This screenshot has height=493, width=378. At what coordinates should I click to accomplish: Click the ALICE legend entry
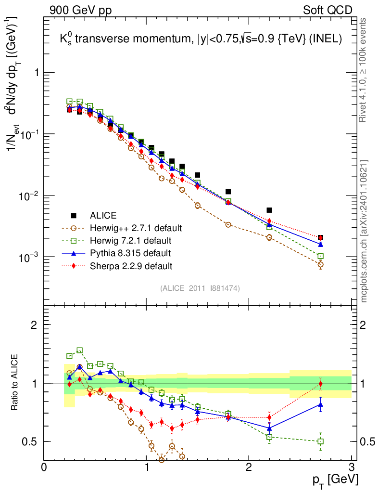coord(104,215)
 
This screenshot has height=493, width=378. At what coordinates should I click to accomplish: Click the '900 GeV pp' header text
coord(80,10)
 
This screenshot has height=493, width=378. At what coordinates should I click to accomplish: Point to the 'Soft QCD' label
coord(328,10)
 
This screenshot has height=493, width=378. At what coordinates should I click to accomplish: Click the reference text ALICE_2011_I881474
coord(200,288)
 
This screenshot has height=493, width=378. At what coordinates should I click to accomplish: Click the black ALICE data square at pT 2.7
coord(320,237)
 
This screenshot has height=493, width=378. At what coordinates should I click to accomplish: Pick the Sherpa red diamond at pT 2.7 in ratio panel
coord(320,384)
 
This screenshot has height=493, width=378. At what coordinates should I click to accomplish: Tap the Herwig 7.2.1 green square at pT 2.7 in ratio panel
coord(320,441)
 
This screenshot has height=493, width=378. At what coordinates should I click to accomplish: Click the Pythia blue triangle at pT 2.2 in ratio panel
coord(269,428)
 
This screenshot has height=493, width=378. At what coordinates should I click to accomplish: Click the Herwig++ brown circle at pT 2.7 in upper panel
coord(320,265)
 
